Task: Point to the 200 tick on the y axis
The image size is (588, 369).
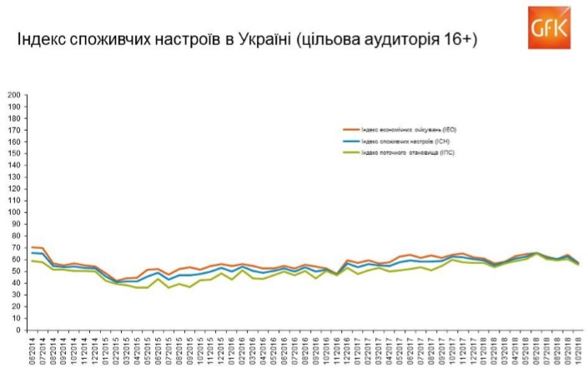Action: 14,95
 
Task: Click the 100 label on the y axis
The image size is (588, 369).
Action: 14,212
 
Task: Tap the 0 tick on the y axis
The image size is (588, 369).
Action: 18,330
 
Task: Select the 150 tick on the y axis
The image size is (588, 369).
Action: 14,154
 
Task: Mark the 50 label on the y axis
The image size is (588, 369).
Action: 16,272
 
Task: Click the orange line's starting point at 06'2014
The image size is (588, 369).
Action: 33,247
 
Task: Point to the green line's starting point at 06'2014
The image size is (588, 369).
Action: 33,261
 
